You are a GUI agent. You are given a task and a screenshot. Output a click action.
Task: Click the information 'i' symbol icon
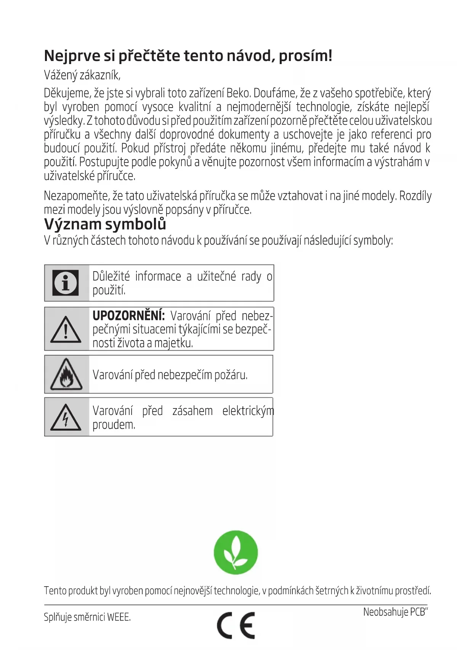coord(66,283)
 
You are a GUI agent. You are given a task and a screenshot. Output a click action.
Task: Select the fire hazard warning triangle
coord(66,375)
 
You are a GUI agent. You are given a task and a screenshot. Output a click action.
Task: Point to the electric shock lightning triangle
coord(66,417)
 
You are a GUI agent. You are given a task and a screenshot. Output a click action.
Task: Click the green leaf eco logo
coord(236,552)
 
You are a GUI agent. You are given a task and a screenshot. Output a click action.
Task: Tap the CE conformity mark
coord(236,625)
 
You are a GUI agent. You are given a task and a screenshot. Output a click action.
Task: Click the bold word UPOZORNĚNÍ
coord(128,316)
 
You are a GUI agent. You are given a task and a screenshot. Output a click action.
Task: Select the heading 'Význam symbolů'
coord(105,224)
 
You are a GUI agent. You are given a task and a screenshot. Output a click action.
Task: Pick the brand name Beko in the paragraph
coord(238,93)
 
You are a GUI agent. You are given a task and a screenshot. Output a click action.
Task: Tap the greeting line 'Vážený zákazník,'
coord(82,75)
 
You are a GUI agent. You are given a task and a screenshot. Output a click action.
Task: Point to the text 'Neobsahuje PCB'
coord(394,612)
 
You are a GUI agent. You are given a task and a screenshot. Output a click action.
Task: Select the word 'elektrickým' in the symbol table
coord(248,411)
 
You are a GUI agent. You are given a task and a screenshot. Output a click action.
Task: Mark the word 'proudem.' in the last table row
coord(114,425)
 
